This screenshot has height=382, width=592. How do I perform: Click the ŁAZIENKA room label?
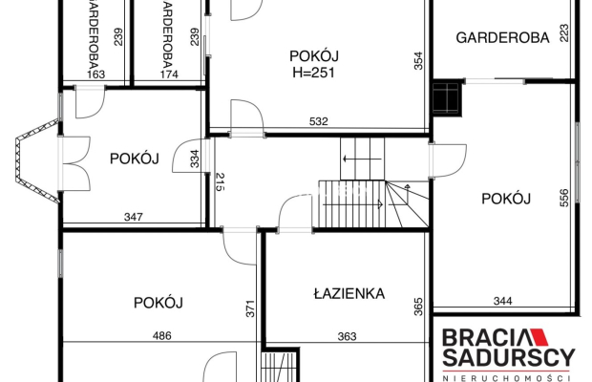(349, 293)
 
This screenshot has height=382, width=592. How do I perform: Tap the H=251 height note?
(314, 73)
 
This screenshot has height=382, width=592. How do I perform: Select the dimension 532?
(319, 121)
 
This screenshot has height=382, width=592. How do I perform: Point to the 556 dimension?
(563, 198)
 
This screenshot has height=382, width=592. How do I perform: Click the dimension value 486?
(162, 335)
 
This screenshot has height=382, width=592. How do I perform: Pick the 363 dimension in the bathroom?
(347, 336)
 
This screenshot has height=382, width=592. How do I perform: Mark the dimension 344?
(503, 301)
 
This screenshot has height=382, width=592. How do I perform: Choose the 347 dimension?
(134, 217)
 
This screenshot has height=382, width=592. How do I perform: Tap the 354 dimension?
(419, 61)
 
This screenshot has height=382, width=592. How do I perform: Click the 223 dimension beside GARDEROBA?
(563, 33)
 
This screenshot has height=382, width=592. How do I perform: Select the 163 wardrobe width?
(95, 74)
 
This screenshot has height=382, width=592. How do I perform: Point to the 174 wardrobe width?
(169, 74)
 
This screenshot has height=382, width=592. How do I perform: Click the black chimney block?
(448, 98)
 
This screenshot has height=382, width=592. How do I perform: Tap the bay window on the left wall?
(37, 160)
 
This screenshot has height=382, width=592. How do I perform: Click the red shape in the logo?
(539, 337)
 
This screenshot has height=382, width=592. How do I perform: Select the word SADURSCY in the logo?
(509, 357)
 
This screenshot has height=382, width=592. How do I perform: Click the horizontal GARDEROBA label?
(502, 38)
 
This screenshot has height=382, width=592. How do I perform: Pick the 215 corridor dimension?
(221, 181)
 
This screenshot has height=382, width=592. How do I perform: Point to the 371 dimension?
(250, 308)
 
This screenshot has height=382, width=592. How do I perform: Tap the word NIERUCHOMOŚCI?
(507, 378)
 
